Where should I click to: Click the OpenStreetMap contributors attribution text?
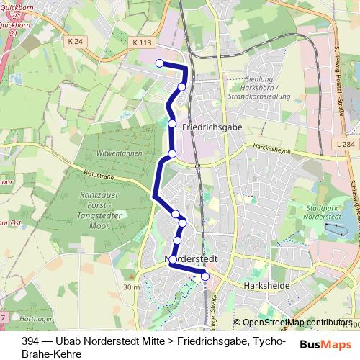pos(297,323)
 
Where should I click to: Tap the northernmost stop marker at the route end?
pos(160,63)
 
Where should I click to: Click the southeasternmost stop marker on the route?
pos(205,276)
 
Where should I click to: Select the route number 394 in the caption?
pos(31,342)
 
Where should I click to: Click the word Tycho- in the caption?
pos(271,342)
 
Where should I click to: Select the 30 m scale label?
pos(131,287)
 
